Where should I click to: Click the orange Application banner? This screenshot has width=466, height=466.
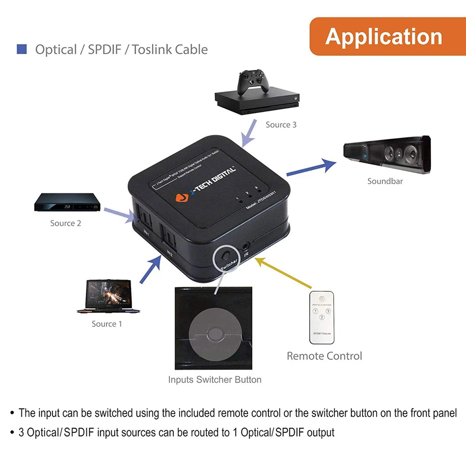tap(384, 36)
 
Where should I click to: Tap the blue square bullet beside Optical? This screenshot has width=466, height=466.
tap(21, 49)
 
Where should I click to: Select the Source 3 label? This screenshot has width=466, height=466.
tap(281, 125)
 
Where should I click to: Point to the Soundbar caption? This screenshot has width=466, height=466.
tap(385, 181)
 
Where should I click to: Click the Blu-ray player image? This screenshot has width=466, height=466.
tap(67, 203)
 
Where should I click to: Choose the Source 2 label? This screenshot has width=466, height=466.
tap(66, 223)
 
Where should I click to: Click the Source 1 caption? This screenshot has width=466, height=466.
tap(107, 324)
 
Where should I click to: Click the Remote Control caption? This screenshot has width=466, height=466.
tap(324, 356)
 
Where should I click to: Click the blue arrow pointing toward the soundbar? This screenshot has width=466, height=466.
tap(311, 167)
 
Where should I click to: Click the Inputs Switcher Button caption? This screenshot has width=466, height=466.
tap(215, 380)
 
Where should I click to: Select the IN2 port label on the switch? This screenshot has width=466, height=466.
tap(169, 253)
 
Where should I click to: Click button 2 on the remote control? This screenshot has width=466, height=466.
tap(321, 317)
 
